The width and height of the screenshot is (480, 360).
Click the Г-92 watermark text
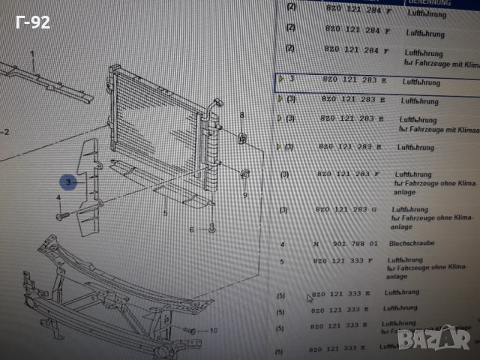pyautogui.click(x=32, y=22)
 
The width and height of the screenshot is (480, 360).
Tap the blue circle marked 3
pyautogui.click(x=67, y=181)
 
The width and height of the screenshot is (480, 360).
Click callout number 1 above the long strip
pyautogui.click(x=34, y=53)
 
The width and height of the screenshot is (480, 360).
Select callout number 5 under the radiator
pyautogui.click(x=165, y=214)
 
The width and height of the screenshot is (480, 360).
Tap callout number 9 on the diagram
pyautogui.click(x=244, y=195)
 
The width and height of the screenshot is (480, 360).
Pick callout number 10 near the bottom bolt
pyautogui.click(x=213, y=330)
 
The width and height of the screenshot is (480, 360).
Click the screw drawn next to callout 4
pyautogui.click(x=61, y=214)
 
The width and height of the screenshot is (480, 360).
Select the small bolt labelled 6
pyautogui.click(x=212, y=228)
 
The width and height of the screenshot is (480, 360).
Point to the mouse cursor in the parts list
pyautogui.click(x=308, y=298)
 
